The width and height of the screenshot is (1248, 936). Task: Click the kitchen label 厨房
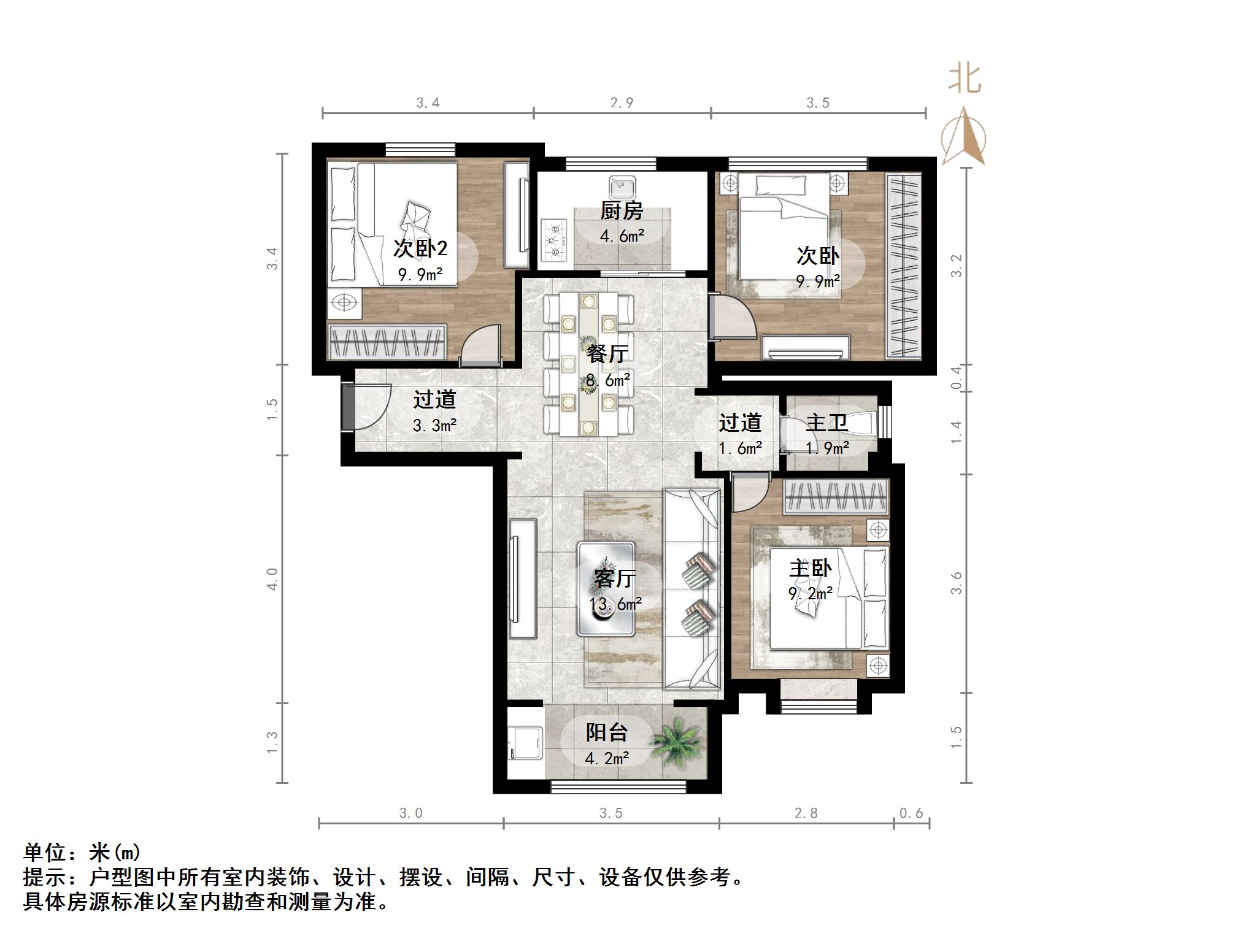622,211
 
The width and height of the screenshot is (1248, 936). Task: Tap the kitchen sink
623,184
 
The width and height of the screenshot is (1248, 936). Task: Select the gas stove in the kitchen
556,240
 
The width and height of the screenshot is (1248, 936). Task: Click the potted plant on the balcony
676,742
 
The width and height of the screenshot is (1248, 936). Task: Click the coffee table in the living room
606,588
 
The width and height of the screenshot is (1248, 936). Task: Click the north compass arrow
964,135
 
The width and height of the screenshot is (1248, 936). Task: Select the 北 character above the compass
965,79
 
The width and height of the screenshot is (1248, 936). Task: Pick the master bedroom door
748,492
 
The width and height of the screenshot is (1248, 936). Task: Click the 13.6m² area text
615,604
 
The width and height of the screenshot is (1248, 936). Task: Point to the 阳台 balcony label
607,732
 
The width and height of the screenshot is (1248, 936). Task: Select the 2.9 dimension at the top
622,102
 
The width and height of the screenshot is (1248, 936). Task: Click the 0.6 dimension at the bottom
911,813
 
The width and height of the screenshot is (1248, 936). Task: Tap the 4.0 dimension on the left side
272,579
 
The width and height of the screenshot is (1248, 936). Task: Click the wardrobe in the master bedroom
836,496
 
